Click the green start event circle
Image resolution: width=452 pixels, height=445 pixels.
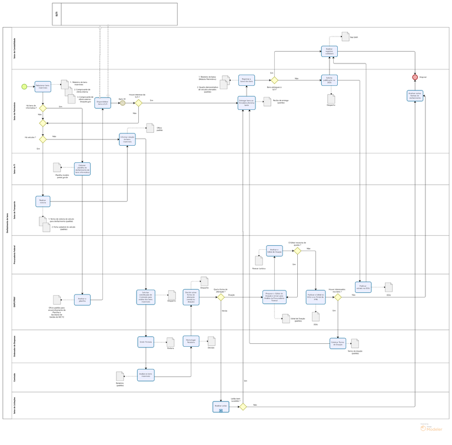(x=24, y=86)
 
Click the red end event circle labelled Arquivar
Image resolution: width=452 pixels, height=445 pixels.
(x=415, y=77)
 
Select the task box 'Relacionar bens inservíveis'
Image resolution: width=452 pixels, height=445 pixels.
(x=43, y=86)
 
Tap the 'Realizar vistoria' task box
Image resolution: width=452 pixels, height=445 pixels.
(x=43, y=201)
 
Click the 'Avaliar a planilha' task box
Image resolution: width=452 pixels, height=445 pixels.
(x=82, y=299)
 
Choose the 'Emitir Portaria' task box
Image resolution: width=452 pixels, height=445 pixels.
(x=146, y=342)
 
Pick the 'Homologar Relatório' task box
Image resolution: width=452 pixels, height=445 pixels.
(x=191, y=342)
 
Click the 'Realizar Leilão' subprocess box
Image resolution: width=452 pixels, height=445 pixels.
(x=221, y=406)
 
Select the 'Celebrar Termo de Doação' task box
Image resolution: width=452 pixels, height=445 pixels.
(x=338, y=343)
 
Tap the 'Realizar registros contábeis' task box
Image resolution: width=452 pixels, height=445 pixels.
(x=330, y=52)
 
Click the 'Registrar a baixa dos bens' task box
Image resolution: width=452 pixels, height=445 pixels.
(x=246, y=80)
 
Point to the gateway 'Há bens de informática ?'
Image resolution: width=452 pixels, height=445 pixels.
(x=43, y=108)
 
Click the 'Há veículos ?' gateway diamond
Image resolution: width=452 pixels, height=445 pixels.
(x=43, y=139)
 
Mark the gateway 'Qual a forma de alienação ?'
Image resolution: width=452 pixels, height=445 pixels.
(x=221, y=297)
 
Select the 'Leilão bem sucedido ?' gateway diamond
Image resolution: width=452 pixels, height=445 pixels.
(x=242, y=406)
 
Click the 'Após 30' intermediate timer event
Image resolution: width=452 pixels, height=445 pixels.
(x=122, y=103)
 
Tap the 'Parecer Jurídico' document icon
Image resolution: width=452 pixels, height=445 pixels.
(x=259, y=259)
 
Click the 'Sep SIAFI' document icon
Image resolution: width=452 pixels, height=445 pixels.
(x=346, y=36)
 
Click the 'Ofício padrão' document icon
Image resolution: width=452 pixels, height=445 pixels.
(x=151, y=128)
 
